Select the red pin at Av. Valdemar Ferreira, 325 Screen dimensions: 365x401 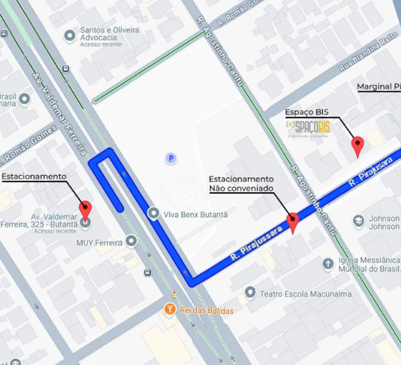(x=85, y=210)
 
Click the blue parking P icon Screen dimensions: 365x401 (x=171, y=157)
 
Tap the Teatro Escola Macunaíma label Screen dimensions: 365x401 (x=305, y=294)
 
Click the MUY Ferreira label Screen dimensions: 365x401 (x=99, y=243)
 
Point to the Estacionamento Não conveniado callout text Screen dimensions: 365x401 (x=241, y=184)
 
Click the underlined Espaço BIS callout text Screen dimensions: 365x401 (x=307, y=112)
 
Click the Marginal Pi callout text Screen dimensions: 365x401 (x=378, y=87)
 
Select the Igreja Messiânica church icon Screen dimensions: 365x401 (x=328, y=264)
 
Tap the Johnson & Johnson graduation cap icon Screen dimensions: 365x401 (x=358, y=222)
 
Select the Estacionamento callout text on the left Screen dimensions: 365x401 (x=34, y=176)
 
